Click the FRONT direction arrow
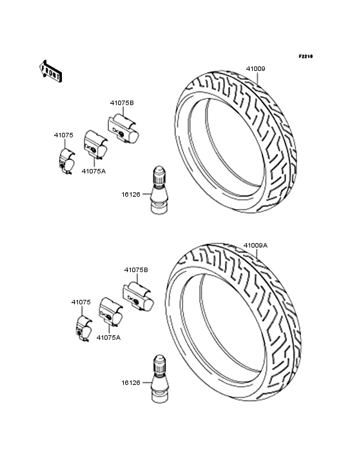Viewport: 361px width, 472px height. (x=50, y=71)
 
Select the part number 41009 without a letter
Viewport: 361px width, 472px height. (x=256, y=68)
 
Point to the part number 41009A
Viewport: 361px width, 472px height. (x=255, y=245)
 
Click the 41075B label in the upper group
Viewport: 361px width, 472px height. (x=122, y=103)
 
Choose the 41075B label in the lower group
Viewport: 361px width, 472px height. (x=136, y=270)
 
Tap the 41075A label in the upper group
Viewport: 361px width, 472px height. (x=94, y=172)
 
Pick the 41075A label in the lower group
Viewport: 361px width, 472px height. (x=108, y=338)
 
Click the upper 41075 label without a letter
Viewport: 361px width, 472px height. (x=63, y=135)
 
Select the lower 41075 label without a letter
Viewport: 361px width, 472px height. (x=81, y=302)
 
